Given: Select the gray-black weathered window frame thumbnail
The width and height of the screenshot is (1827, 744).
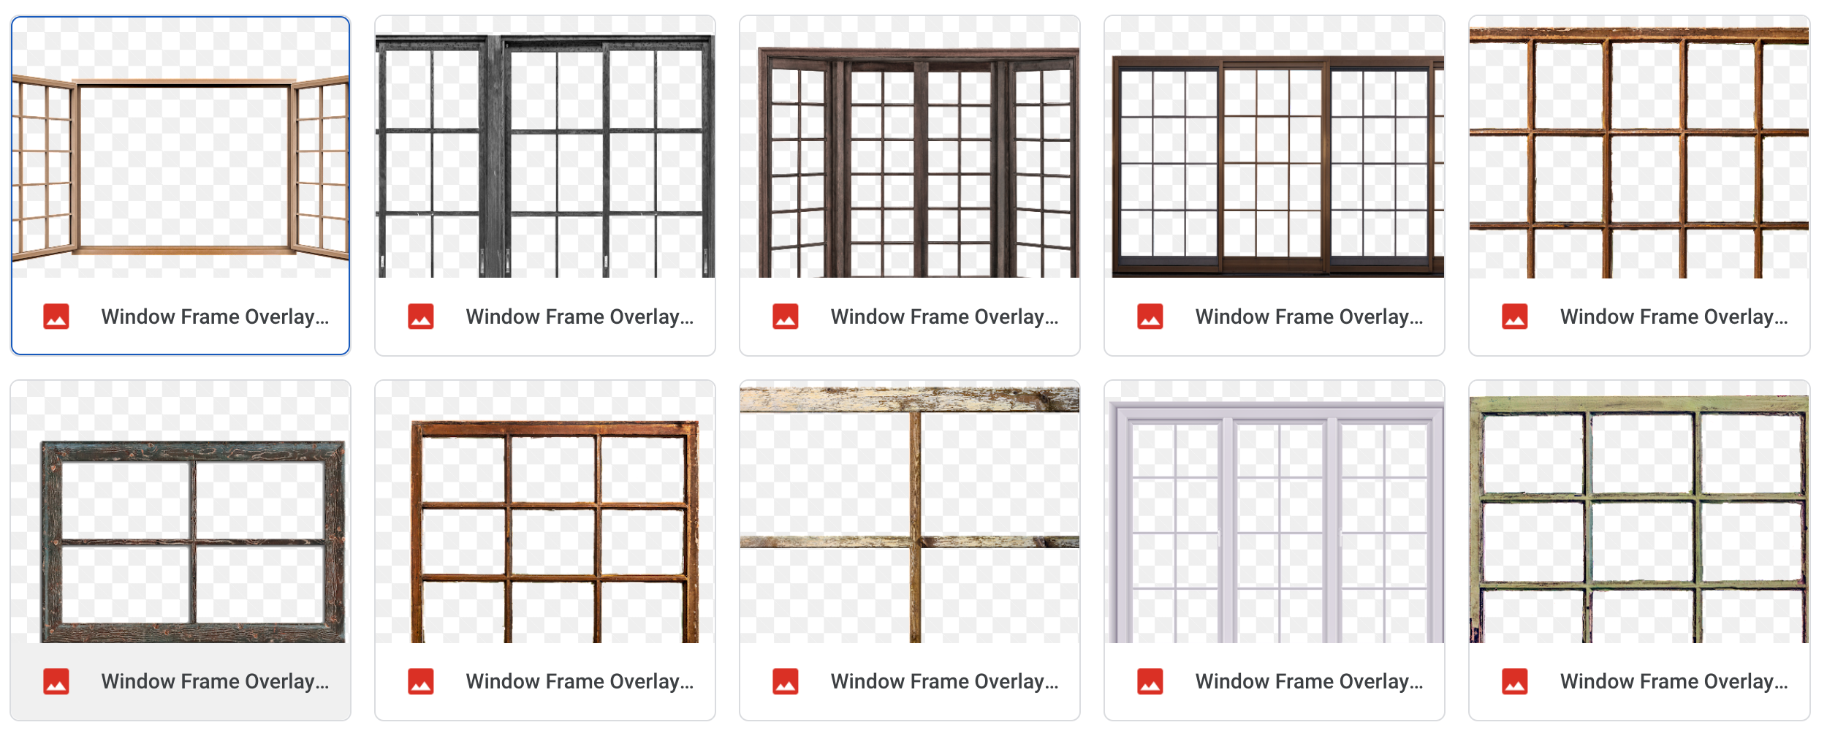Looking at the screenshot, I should [x=545, y=153].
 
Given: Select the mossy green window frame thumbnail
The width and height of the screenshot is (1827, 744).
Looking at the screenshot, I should [x=1639, y=519].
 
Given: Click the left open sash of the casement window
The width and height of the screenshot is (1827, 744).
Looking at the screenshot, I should [x=44, y=168].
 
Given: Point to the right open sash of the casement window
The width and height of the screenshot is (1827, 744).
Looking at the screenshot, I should [x=320, y=168].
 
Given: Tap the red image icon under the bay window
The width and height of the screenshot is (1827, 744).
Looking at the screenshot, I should [x=786, y=316].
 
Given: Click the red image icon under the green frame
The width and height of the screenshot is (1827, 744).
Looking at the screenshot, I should [x=1515, y=681].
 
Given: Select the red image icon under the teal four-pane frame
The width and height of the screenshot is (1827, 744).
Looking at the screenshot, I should [x=56, y=681].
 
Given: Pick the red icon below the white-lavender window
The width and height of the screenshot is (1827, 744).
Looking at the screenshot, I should [x=1150, y=681].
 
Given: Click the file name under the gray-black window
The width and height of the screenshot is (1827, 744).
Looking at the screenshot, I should [x=580, y=316].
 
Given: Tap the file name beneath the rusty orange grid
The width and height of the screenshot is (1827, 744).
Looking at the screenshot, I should [x=1674, y=316].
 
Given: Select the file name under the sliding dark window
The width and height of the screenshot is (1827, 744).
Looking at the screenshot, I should [x=1309, y=316].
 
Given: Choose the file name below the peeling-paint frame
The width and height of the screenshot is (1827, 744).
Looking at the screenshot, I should [x=944, y=681].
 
